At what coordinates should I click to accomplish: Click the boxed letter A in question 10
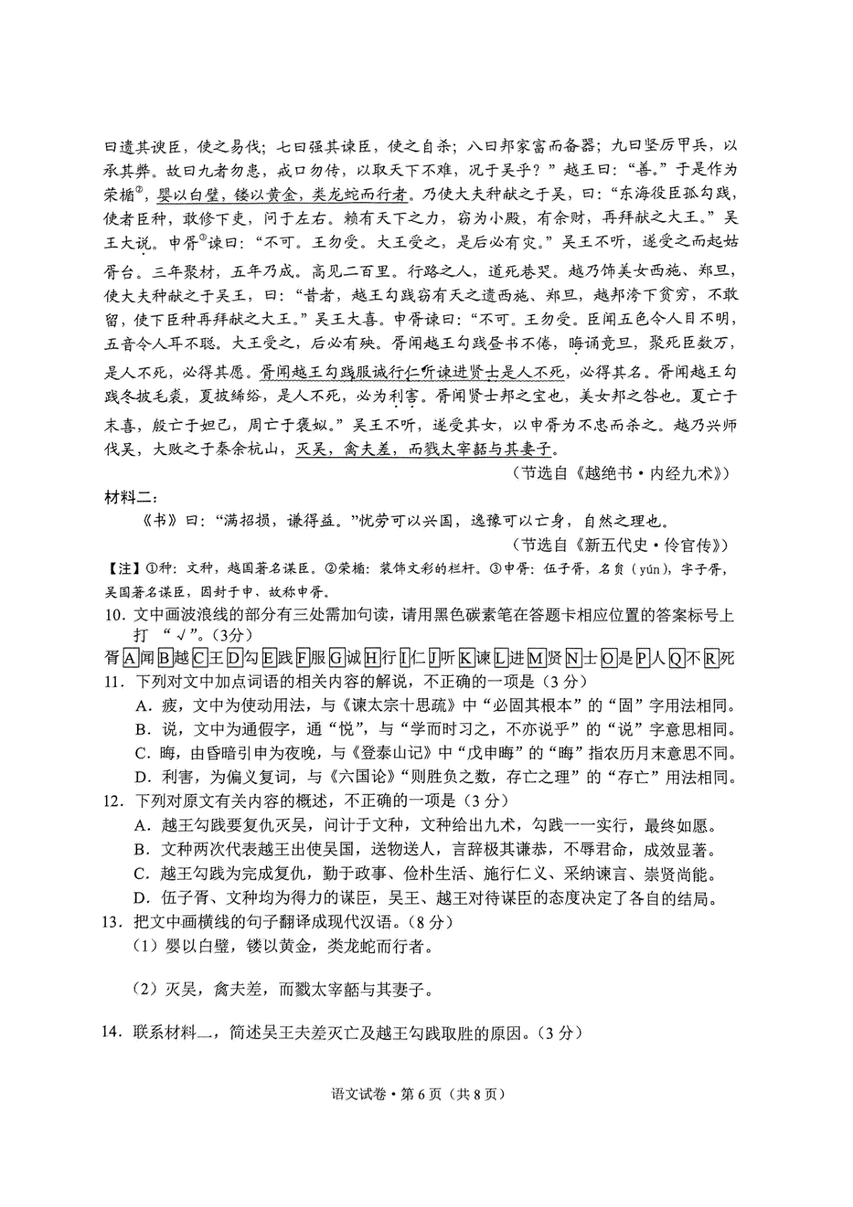pyautogui.click(x=129, y=658)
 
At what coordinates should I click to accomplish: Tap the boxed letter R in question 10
pyautogui.click(x=710, y=658)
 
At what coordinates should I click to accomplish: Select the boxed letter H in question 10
pyautogui.click(x=370, y=658)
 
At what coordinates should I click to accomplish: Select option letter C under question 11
pyautogui.click(x=141, y=753)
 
